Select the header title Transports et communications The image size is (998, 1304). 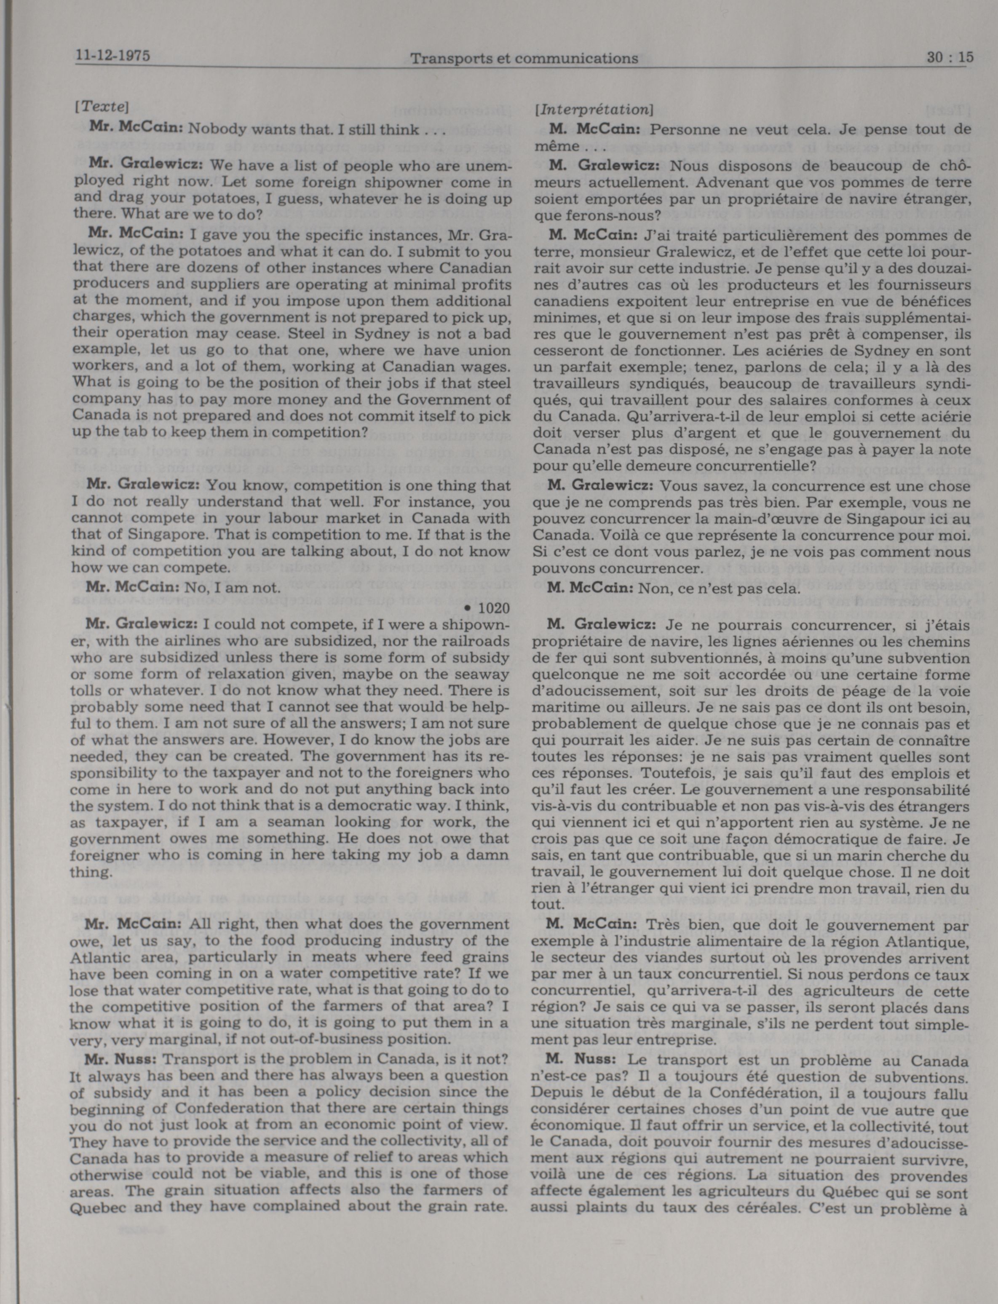pyautogui.click(x=524, y=58)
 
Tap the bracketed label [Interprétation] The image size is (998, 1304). pyautogui.click(x=593, y=110)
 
